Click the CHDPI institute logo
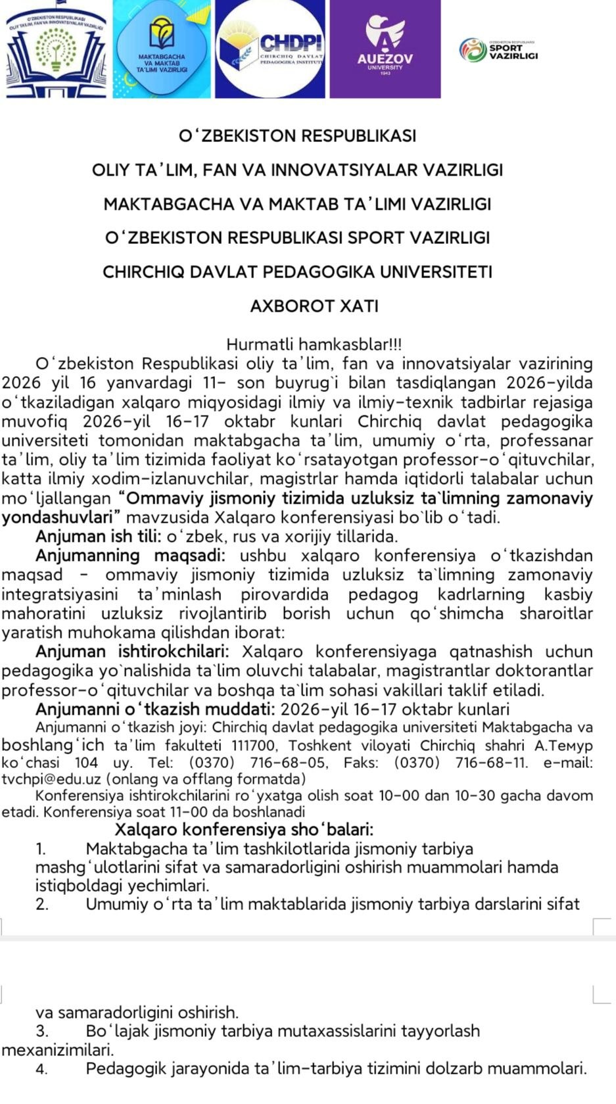(271, 49)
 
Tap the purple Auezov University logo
(385, 49)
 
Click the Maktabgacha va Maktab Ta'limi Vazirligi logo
(162, 49)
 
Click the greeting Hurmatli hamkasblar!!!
(314, 344)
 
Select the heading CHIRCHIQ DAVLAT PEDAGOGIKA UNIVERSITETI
(297, 272)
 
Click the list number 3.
(42, 1031)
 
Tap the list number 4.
(42, 1069)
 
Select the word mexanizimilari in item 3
(58, 1050)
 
